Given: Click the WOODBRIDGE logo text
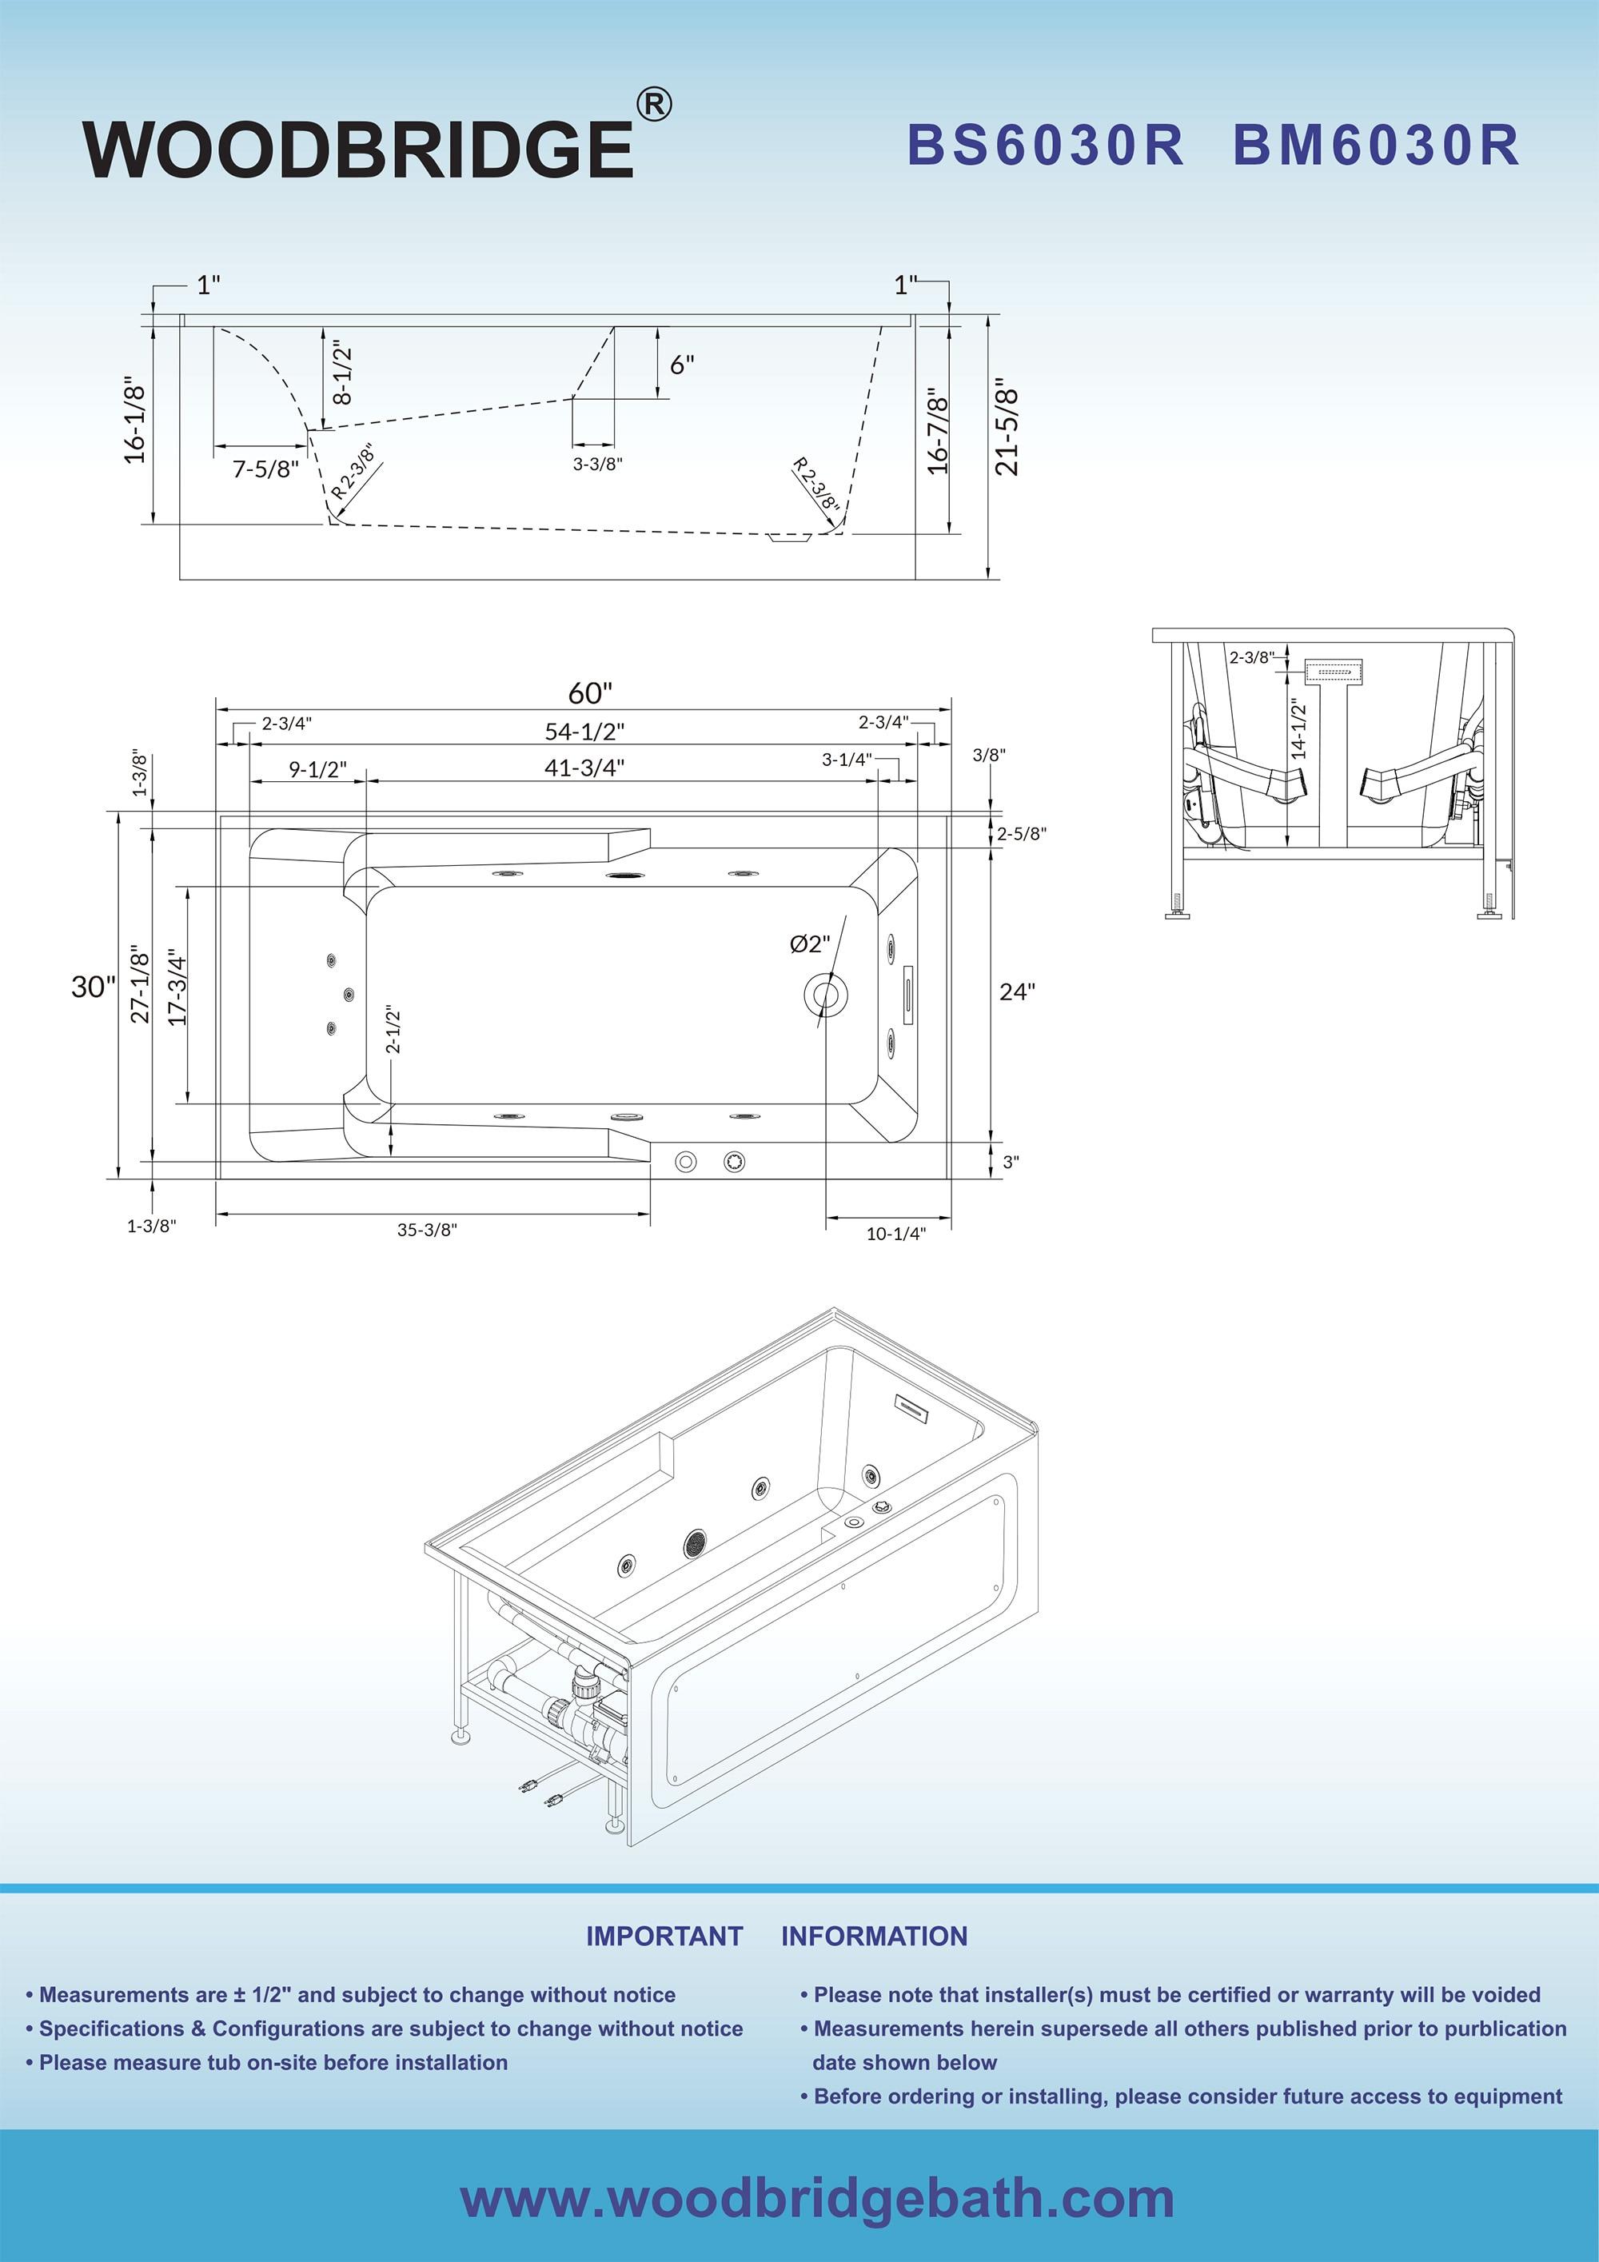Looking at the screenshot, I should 357,149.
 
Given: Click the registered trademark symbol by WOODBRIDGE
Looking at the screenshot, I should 653,105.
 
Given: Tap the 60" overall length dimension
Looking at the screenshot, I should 589,692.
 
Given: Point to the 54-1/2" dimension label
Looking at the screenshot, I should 584,731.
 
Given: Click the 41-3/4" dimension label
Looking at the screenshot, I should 584,767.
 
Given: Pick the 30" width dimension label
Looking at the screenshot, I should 93,986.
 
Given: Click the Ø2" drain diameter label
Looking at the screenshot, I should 810,943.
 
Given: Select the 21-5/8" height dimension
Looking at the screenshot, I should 1006,427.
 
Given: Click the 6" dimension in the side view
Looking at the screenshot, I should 682,365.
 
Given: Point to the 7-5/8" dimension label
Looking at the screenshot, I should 265,469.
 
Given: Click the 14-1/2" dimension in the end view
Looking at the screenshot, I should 1298,728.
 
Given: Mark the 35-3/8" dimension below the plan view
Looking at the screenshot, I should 427,1230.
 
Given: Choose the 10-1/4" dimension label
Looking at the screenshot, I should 895,1234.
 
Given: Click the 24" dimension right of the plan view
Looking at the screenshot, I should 1017,992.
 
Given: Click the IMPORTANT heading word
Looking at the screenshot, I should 664,1936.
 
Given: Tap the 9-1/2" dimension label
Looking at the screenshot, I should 317,769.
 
